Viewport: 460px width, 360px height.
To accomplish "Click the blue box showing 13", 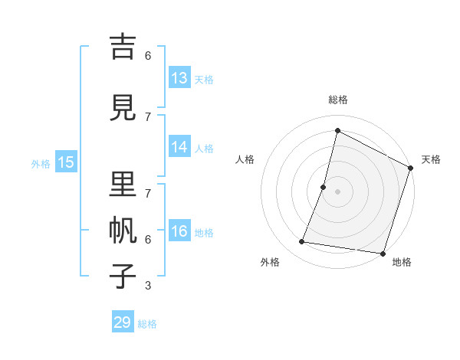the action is click(179, 78).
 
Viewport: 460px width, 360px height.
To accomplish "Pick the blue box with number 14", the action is click(179, 147).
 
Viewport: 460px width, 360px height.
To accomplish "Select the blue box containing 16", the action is click(179, 231).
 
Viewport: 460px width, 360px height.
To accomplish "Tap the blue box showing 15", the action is click(66, 162).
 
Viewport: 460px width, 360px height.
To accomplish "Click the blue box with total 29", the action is click(123, 322).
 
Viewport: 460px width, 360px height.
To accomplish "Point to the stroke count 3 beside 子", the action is click(148, 286).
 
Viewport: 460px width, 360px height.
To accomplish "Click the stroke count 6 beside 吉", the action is click(148, 56).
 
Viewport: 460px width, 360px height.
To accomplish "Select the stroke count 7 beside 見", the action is click(148, 116).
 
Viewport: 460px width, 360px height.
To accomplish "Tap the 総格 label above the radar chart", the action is click(337, 100).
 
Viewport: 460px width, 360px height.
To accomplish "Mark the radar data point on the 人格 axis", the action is click(324, 187).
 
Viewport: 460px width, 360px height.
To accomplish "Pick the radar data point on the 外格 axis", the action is click(302, 242).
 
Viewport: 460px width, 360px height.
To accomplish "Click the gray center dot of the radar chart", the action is click(337, 191).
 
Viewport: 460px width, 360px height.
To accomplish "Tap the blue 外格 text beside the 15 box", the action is click(41, 163).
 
